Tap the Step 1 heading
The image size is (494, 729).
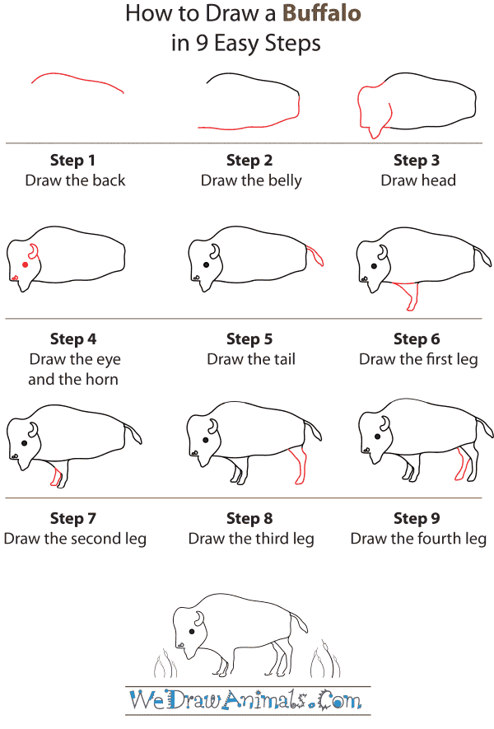click(75, 160)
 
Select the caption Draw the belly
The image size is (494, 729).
click(251, 180)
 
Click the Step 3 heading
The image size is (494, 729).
click(417, 160)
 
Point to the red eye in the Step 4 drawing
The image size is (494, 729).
click(25, 264)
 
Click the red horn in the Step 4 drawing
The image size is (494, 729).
click(33, 251)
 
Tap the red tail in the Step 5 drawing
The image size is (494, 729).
click(315, 255)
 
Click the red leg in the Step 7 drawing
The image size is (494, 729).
click(56, 475)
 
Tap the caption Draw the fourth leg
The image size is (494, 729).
click(418, 539)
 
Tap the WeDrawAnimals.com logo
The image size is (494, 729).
click(246, 702)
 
